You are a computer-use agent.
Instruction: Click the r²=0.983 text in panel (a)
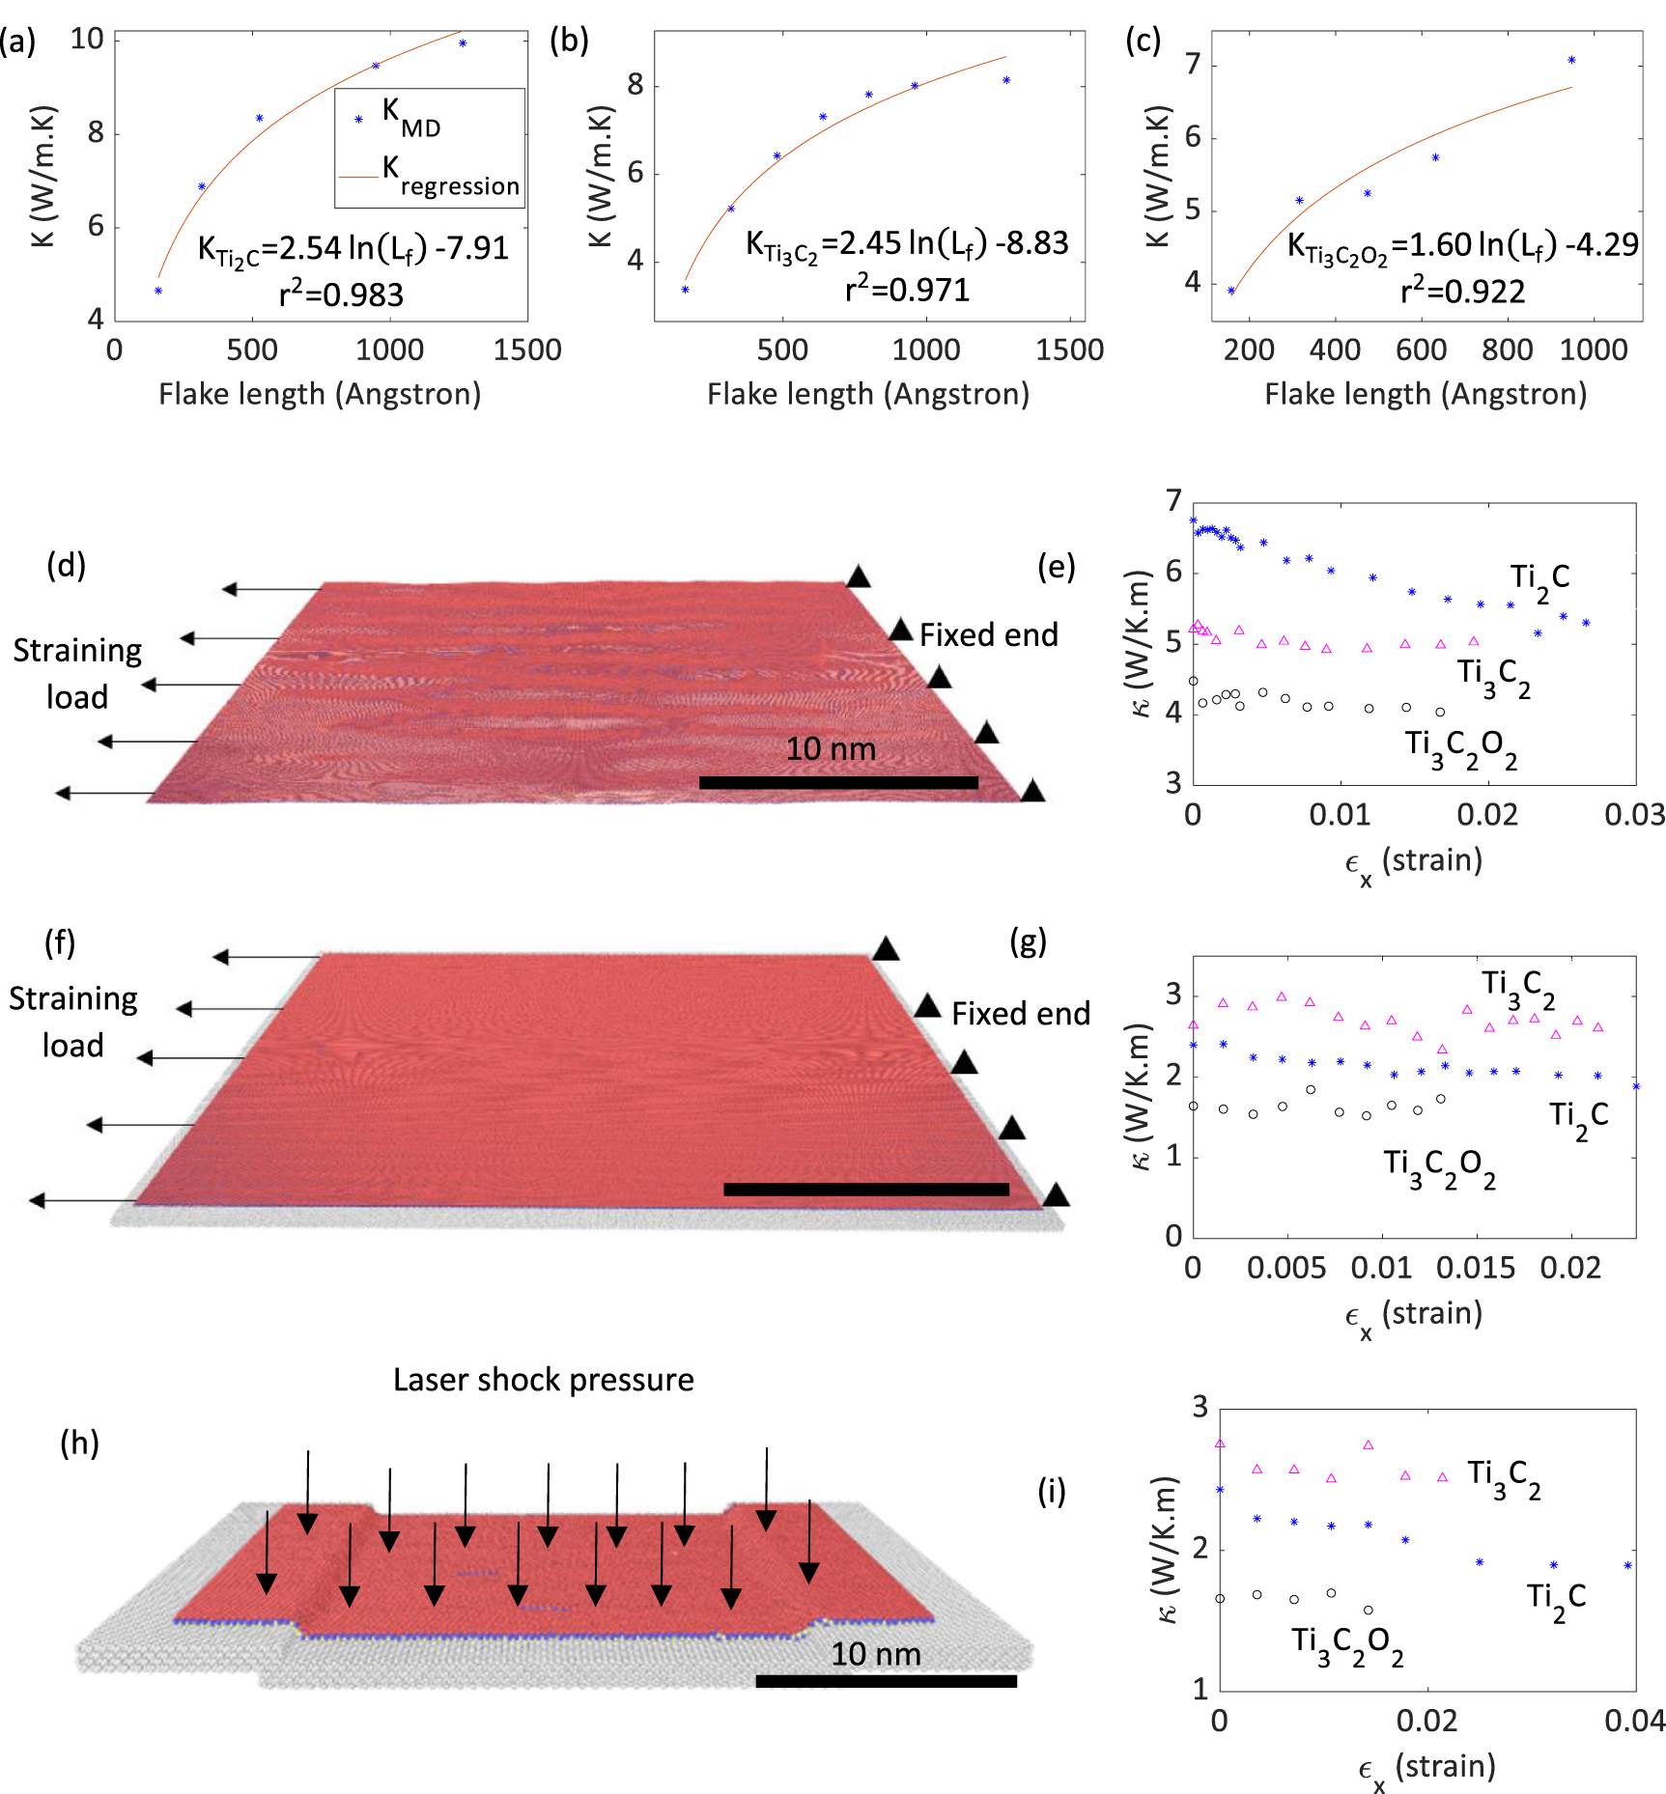341,294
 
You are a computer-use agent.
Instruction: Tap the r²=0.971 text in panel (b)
907,289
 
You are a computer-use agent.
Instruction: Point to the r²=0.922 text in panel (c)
1462,291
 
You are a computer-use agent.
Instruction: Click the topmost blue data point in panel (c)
1571,60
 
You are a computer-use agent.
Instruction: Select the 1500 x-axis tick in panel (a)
527,350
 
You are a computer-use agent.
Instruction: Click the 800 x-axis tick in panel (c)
1507,350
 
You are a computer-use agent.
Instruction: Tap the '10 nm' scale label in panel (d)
831,749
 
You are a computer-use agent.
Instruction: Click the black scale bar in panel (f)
865,1190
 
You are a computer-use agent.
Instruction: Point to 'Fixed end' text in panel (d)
988,635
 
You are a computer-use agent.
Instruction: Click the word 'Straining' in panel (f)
73,998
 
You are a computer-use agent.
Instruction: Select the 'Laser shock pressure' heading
543,1380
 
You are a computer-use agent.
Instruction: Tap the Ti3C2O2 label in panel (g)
1439,1167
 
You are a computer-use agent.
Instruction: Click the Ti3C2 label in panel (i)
1504,1477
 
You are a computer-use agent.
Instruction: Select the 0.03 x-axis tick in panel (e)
1634,814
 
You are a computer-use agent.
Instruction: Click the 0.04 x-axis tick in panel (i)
1634,1721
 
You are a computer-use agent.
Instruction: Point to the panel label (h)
79,1443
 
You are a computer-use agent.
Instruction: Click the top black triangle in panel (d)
858,576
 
